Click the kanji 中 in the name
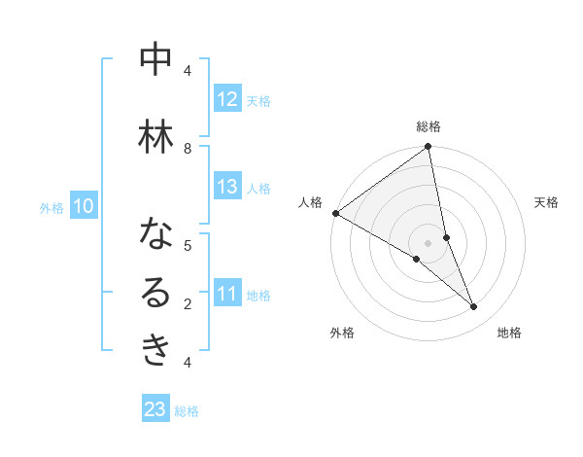click(155, 60)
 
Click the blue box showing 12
click(226, 99)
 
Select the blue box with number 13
click(226, 187)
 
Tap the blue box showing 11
click(226, 294)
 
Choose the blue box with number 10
click(84, 206)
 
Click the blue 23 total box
click(155, 409)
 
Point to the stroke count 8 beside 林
click(188, 148)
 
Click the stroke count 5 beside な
click(188, 245)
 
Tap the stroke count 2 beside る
click(188, 303)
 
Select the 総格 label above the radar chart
click(429, 126)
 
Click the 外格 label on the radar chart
click(342, 333)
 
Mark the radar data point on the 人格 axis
click(335, 213)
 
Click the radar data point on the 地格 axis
click(474, 307)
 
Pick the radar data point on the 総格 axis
click(429, 148)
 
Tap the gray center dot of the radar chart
click(428, 242)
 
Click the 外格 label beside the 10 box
click(51, 207)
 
